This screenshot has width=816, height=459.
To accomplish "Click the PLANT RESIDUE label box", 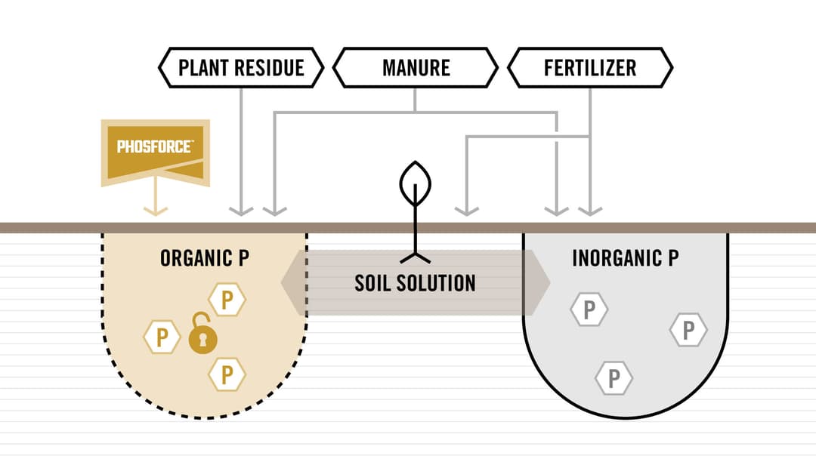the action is coord(241,68).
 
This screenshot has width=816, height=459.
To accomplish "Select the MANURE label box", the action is coord(416,68).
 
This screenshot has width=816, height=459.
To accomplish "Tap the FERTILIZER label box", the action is coord(590,68).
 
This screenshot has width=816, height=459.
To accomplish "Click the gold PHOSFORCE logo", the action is coord(155,152).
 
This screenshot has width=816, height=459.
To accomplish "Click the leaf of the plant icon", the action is coord(416,183).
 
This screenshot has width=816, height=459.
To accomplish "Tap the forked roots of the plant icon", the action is coord(416,257).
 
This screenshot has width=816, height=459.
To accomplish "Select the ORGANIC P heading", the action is coord(205,258).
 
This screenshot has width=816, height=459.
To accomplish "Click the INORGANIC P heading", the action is coord(626,258).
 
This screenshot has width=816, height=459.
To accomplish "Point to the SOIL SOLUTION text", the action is coord(416,283).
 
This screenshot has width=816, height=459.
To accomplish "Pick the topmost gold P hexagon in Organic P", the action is coord(227,300).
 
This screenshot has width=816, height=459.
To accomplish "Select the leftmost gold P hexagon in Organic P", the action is coord(162,337).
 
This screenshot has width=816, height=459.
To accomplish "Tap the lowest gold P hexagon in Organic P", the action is coord(227,374).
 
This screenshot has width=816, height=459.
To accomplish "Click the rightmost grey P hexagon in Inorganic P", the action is coord(688,330).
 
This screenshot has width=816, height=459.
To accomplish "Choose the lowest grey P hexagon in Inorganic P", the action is coord(614,378).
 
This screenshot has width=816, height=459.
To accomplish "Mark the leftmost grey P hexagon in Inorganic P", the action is coord(589,310).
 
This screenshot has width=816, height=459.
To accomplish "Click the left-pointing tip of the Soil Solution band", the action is coord(282,283).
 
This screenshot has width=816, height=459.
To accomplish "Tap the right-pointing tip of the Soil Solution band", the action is coord(549,283).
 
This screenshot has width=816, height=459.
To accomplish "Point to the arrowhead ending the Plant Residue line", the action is coord(241,211).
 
